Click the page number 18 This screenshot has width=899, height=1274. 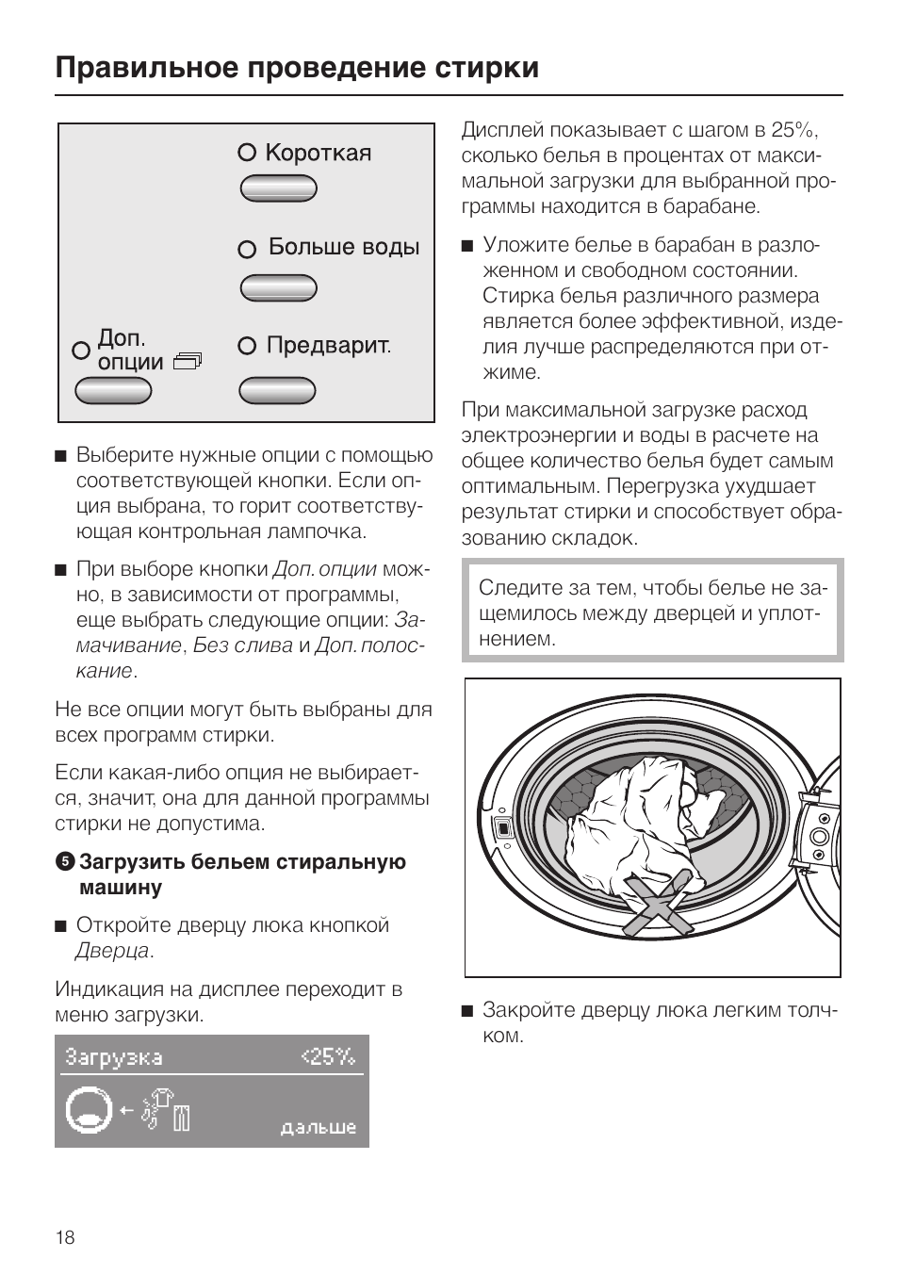[x=64, y=1237]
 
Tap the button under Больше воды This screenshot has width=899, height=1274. [x=278, y=287]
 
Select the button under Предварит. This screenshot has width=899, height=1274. [x=277, y=389]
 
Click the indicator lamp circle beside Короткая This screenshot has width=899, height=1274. [x=247, y=153]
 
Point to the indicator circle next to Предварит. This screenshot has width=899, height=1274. [x=247, y=346]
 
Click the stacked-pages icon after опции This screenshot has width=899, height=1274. [x=188, y=362]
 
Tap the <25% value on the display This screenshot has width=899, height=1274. [x=328, y=1057]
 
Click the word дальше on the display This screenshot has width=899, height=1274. [x=319, y=1127]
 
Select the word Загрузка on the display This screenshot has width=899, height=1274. [x=113, y=1057]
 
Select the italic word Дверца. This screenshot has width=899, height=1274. [x=111, y=951]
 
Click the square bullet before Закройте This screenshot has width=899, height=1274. [x=466, y=1011]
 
